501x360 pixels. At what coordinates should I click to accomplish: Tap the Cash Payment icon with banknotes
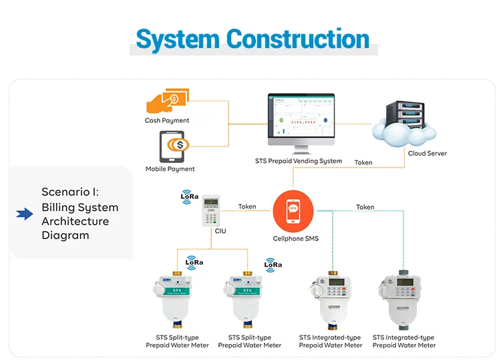pyautogui.click(x=166, y=102)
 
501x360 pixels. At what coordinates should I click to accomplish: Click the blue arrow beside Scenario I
pyautogui.click(x=25, y=214)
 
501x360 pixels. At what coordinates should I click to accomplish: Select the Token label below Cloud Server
pyautogui.click(x=363, y=162)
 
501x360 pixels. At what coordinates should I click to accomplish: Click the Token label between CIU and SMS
pyautogui.click(x=247, y=206)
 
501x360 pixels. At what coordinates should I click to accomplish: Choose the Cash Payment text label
pyautogui.click(x=167, y=121)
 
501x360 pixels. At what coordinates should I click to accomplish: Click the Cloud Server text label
pyautogui.click(x=427, y=154)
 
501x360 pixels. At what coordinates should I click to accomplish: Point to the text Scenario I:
pyautogui.click(x=70, y=192)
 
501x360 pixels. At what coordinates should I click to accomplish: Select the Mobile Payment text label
pyautogui.click(x=170, y=169)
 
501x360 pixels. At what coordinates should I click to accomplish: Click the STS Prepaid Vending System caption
pyautogui.click(x=299, y=161)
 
